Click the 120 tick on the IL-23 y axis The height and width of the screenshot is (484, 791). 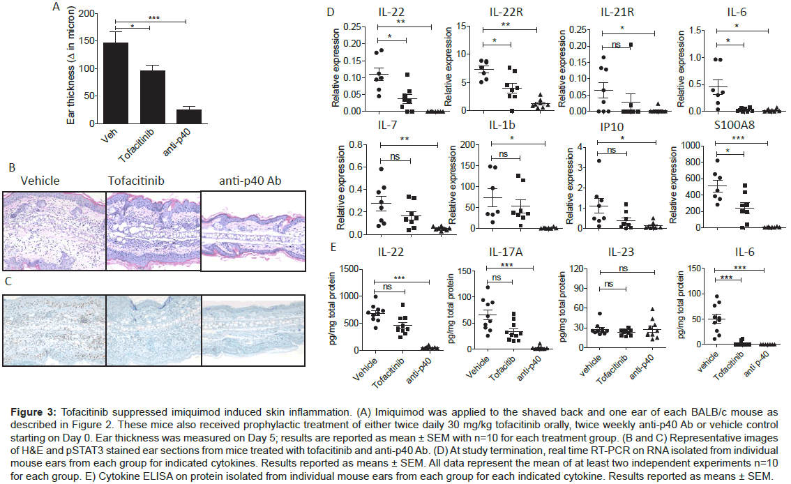pyautogui.click(x=575, y=269)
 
